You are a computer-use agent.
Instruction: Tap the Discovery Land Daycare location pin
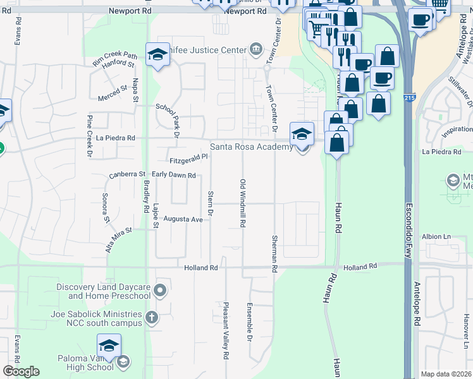click(160, 291)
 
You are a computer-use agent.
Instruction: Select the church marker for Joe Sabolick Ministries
click(150, 317)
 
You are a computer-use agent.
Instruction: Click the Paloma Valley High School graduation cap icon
click(109, 346)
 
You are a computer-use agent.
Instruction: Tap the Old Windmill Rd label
click(242, 203)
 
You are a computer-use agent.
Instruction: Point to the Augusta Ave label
click(183, 219)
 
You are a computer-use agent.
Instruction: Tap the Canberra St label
click(127, 174)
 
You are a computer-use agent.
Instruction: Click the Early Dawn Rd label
click(173, 175)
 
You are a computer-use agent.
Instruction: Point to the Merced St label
click(113, 97)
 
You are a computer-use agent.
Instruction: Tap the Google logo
click(21, 371)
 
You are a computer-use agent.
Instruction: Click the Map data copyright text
click(446, 374)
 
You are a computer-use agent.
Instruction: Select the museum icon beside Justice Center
click(255, 47)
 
